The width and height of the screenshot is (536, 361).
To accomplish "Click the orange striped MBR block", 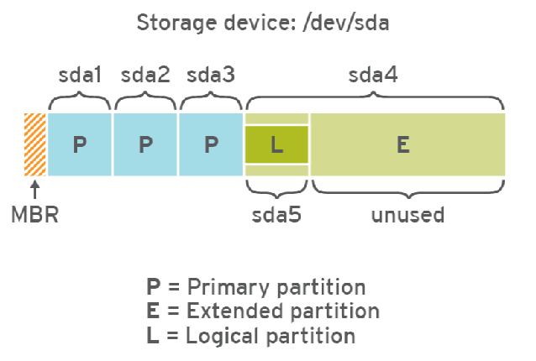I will [x=36, y=144].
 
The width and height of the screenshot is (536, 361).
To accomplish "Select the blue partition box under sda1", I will [x=80, y=144].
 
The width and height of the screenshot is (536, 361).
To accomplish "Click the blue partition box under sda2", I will [x=145, y=144].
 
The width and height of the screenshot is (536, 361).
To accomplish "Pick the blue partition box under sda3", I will [x=211, y=144].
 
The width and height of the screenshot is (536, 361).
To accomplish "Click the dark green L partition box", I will [x=276, y=144].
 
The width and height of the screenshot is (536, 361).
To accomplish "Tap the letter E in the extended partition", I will [x=402, y=144].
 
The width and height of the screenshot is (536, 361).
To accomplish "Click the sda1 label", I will [x=80, y=75].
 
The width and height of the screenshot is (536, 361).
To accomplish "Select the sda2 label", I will [x=145, y=75].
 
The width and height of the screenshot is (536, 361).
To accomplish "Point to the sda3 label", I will [x=211, y=75].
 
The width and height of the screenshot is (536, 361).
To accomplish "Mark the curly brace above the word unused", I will [x=408, y=186].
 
